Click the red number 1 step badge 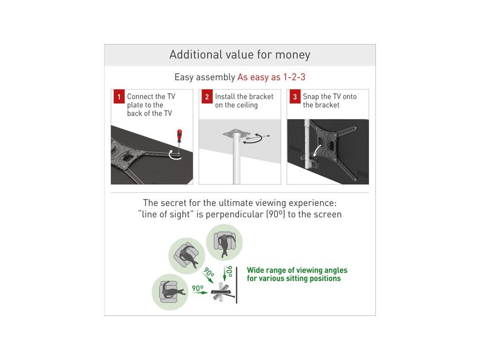pos(119,97)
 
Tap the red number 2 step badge pos(207,97)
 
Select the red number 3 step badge pos(295,97)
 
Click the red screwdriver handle pos(180,135)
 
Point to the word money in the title pos(292,55)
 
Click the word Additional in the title pos(196,54)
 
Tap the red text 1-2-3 pos(294,77)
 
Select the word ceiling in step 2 pos(247,105)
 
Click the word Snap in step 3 pos(311,97)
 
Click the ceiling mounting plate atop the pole pos(236,134)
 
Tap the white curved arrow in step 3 pos(317,150)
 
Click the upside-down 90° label pos(229,271)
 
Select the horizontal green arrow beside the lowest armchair pos(200,292)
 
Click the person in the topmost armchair pos(225,244)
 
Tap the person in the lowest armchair pos(173,291)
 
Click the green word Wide pos(256,270)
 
